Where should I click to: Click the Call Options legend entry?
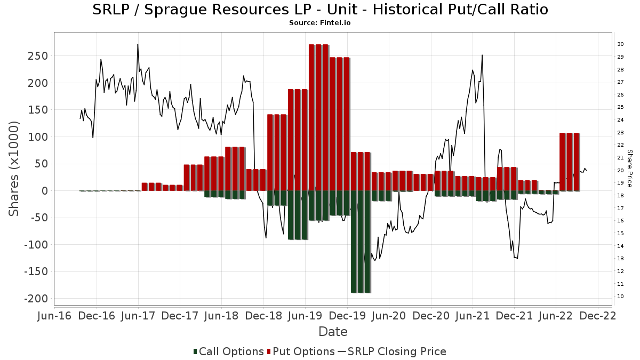pos(229,351)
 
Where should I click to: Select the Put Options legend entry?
pos(301,351)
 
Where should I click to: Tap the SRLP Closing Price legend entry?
pos(391,351)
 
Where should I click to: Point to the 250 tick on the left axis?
pos(38,56)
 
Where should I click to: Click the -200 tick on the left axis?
pos(36,299)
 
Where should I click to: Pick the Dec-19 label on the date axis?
pos(347,316)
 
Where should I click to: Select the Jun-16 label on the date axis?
pos(54,316)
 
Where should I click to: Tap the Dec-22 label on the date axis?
pos(598,316)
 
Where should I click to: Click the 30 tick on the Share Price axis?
pos(620,44)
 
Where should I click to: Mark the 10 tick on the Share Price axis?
pos(620,297)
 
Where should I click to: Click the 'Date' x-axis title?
pos(333,332)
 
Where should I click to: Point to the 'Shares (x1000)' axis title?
pos(14,169)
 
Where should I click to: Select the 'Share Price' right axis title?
pos(629,169)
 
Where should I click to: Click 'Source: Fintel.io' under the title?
pos(319,23)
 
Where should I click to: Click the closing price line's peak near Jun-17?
pos(138,44)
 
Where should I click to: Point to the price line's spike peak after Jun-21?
pos(482,55)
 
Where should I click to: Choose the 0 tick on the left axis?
pos(45,191)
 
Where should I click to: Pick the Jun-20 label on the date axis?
pos(389,316)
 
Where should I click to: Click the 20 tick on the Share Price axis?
pos(620,170)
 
